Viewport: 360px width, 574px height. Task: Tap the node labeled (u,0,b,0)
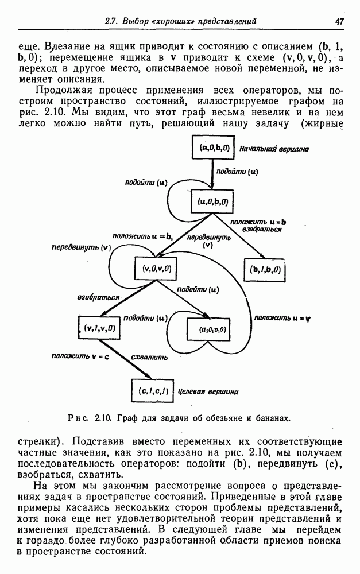tap(212, 201)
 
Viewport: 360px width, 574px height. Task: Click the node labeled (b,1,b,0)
tap(266, 269)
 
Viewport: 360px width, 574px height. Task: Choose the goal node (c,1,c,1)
tap(153, 391)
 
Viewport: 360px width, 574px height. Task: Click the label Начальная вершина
tap(274, 149)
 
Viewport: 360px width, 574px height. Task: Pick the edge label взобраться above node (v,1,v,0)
tap(98, 298)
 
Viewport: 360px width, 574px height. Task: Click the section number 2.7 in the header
tap(111, 21)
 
